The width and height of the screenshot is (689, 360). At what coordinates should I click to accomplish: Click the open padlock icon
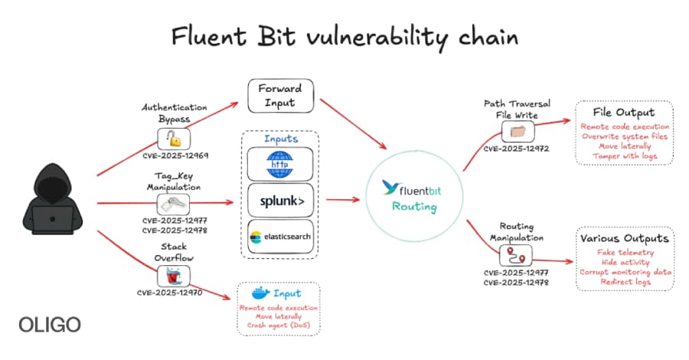[175, 139]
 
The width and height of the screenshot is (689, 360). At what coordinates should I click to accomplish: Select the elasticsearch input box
[281, 237]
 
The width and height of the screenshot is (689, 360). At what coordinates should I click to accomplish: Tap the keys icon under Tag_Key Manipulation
[174, 204]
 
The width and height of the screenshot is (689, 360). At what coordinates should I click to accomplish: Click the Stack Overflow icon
[174, 275]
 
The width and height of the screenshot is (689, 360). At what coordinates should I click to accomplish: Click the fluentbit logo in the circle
[413, 187]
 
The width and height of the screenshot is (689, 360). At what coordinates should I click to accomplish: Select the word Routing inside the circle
[413, 207]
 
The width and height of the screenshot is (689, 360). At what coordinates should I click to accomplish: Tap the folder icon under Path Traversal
[517, 131]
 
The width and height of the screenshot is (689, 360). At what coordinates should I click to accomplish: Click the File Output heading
[623, 112]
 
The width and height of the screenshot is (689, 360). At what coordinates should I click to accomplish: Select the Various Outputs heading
[624, 237]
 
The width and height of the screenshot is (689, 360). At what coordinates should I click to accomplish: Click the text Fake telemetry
[624, 252]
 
